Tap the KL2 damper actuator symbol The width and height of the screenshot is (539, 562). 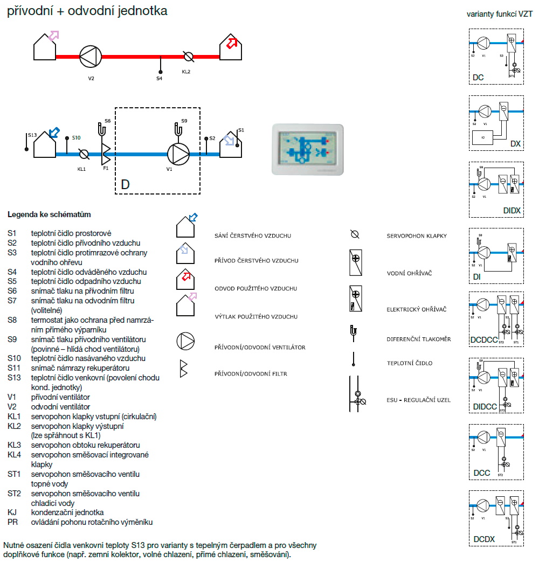tap(188, 56)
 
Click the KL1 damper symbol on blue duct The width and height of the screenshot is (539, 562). tap(84, 154)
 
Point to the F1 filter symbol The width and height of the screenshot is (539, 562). tap(106, 154)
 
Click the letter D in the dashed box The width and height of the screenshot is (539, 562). tap(125, 185)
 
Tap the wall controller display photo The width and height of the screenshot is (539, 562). tap(307, 149)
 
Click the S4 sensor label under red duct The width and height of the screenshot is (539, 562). tap(159, 79)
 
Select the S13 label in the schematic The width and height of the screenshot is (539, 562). tap(32, 135)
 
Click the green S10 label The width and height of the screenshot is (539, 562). tap(77, 138)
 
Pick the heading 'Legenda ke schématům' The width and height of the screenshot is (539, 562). tap(49, 214)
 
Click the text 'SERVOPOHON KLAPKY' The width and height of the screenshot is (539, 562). tap(417, 236)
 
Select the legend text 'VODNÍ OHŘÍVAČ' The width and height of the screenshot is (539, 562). tap(409, 273)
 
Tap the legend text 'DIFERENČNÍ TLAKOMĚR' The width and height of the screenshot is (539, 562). tap(419, 339)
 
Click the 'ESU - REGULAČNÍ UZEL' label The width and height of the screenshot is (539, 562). tap(418, 400)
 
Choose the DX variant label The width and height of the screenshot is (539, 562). tap(515, 144)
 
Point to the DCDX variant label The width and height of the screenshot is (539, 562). tap(484, 539)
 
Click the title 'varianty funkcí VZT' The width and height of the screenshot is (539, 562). tap(500, 15)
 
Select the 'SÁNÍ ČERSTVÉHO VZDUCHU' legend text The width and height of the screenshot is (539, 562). tap(253, 236)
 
